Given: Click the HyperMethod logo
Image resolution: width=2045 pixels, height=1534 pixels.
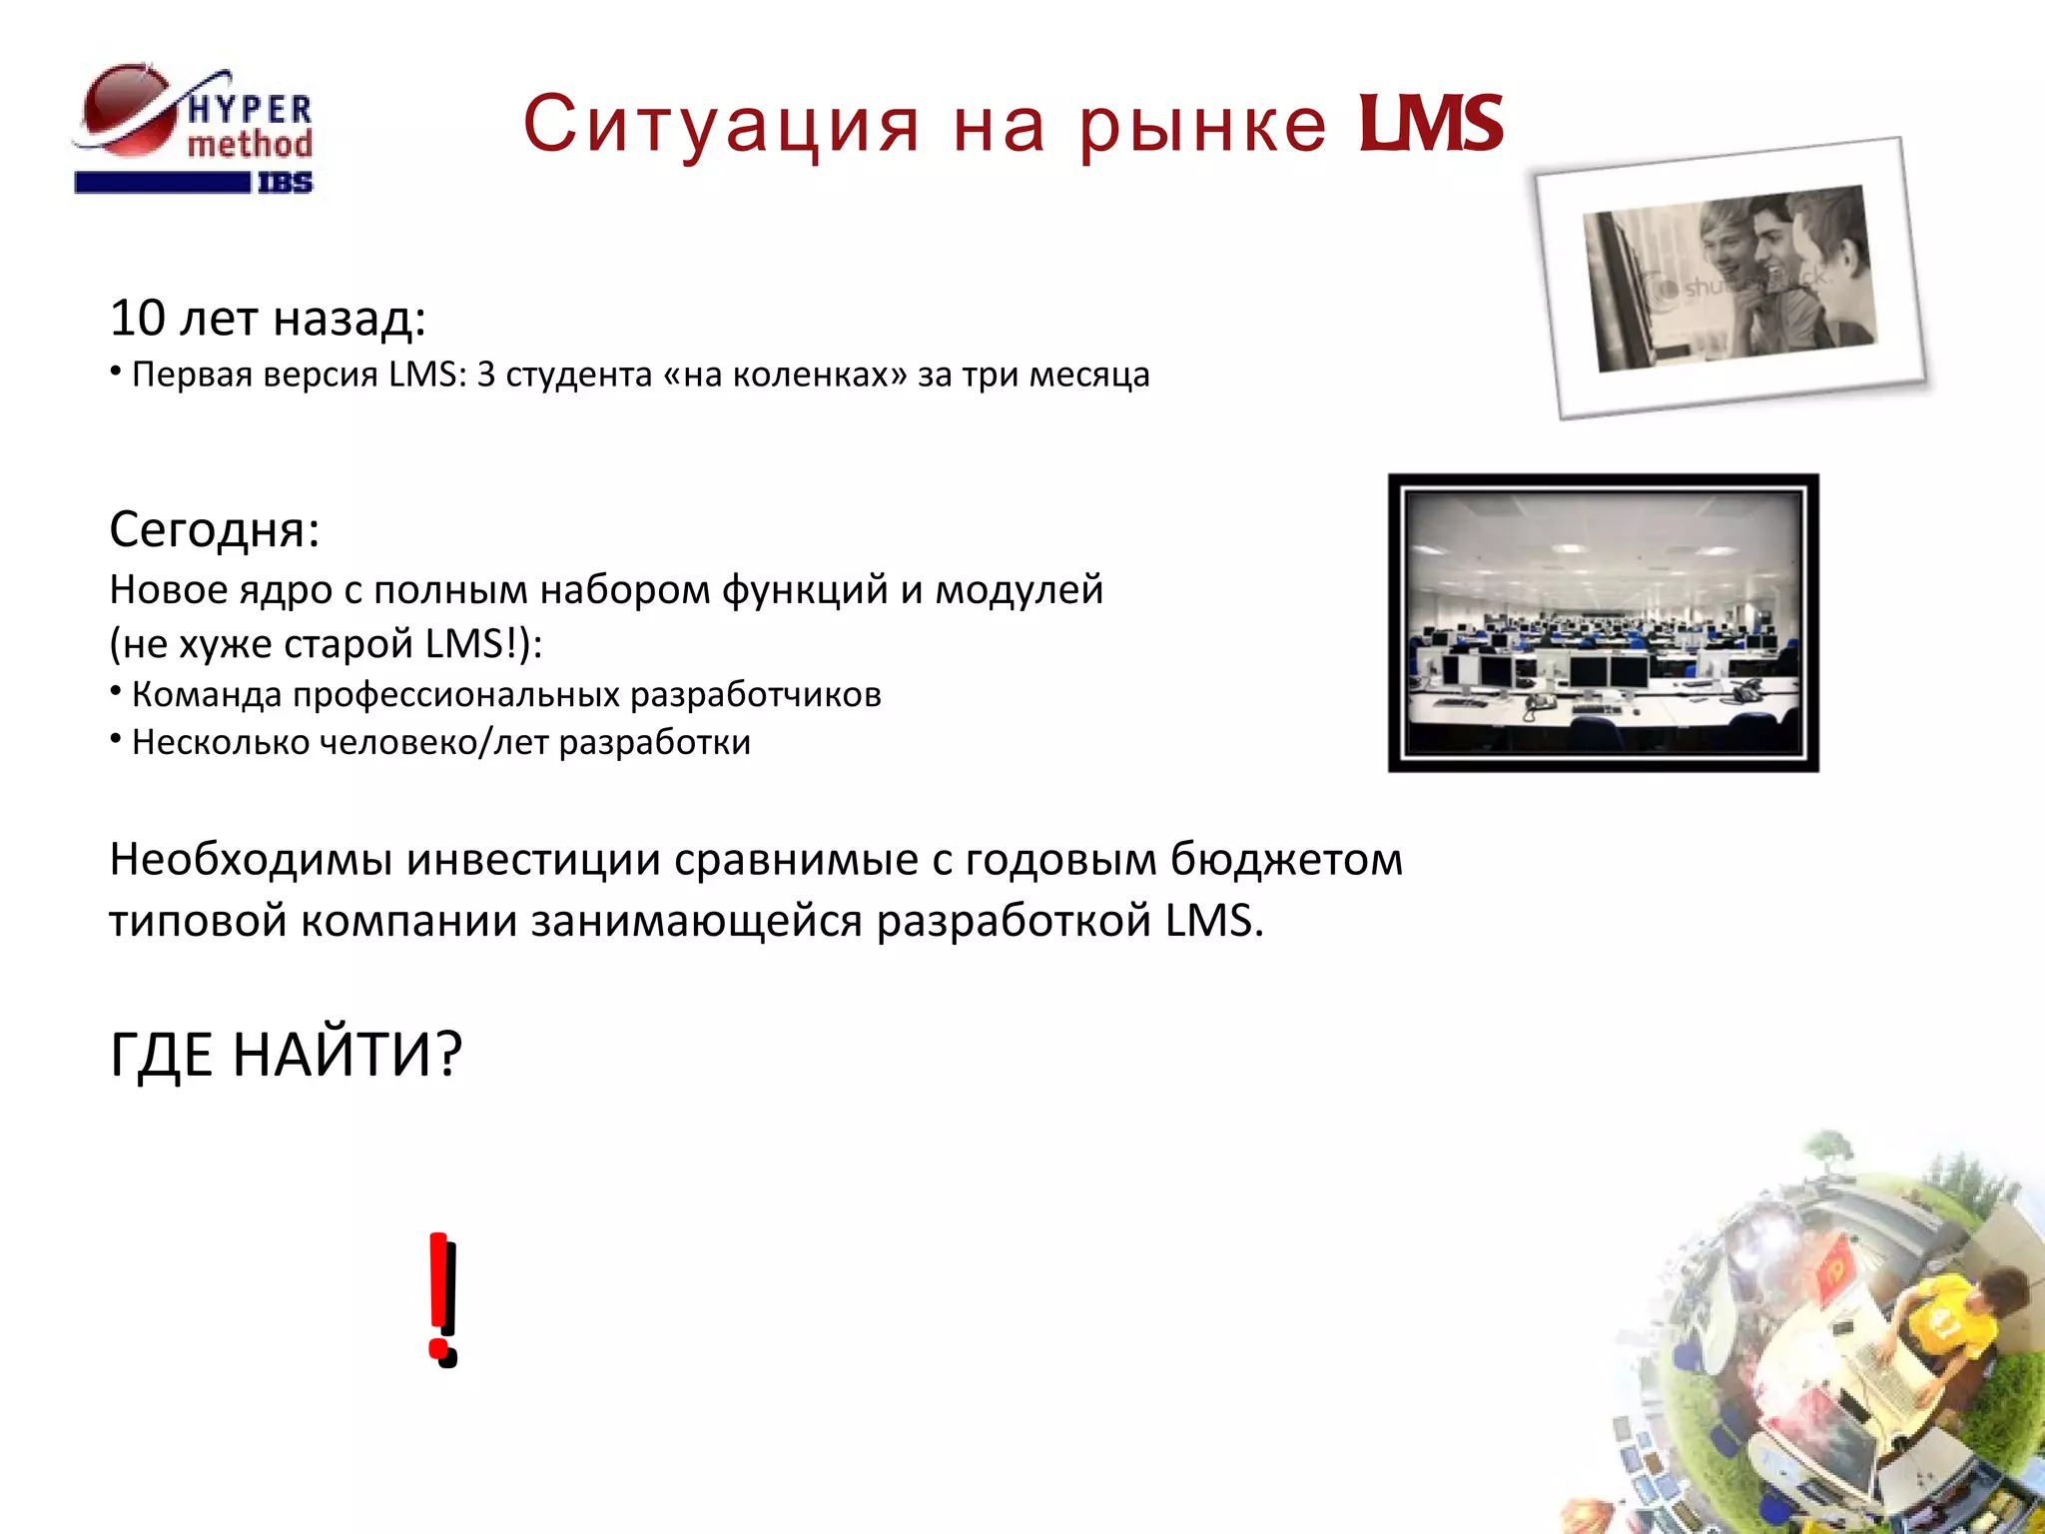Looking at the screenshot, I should coord(195,128).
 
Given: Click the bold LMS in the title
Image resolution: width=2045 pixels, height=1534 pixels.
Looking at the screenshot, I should coord(1431,125).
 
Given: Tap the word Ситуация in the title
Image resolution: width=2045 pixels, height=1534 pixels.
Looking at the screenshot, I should coord(720,125).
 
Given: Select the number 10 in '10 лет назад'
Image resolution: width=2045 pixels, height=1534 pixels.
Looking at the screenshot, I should coord(137,319).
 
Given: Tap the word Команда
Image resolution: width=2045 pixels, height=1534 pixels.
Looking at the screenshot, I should coord(207,694).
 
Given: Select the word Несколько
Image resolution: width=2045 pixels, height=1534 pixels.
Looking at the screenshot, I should coord(221,743).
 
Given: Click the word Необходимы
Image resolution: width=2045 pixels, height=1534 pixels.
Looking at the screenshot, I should coord(251,860).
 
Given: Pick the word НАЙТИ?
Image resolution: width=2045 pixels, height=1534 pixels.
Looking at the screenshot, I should coord(347,1055).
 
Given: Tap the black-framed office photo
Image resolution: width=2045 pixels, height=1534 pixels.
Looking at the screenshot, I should coord(1603,622).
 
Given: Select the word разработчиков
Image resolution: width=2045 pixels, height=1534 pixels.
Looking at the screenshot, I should coord(755,694).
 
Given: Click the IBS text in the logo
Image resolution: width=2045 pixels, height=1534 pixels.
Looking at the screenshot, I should coord(285,183).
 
